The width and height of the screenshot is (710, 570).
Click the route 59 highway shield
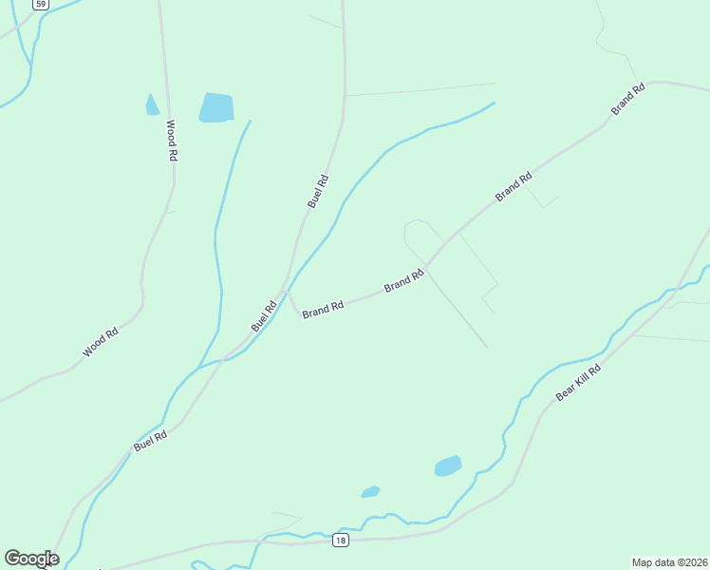click(x=39, y=5)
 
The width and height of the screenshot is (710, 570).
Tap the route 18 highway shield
click(x=341, y=541)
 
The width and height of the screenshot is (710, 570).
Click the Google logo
click(x=31, y=559)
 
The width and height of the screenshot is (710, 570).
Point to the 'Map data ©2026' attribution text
click(x=669, y=561)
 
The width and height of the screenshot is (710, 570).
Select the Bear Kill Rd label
click(x=579, y=382)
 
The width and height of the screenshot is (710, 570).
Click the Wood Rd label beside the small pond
click(x=172, y=139)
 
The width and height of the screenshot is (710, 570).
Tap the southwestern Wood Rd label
click(x=100, y=342)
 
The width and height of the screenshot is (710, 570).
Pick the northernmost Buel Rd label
click(x=318, y=191)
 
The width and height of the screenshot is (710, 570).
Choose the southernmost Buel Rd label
click(x=151, y=441)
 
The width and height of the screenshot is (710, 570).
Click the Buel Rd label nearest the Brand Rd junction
click(x=264, y=315)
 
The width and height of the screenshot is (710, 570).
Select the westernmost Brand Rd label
click(x=323, y=311)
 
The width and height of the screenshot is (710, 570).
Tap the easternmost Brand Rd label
click(x=628, y=100)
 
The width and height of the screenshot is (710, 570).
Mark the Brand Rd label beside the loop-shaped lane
click(x=403, y=281)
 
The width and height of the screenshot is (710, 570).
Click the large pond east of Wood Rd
click(x=216, y=107)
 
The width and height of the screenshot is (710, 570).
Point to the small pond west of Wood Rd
click(x=152, y=105)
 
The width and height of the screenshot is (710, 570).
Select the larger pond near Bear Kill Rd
click(x=448, y=466)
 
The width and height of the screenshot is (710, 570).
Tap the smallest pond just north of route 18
click(x=370, y=492)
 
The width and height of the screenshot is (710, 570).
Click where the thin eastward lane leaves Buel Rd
click(x=345, y=96)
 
